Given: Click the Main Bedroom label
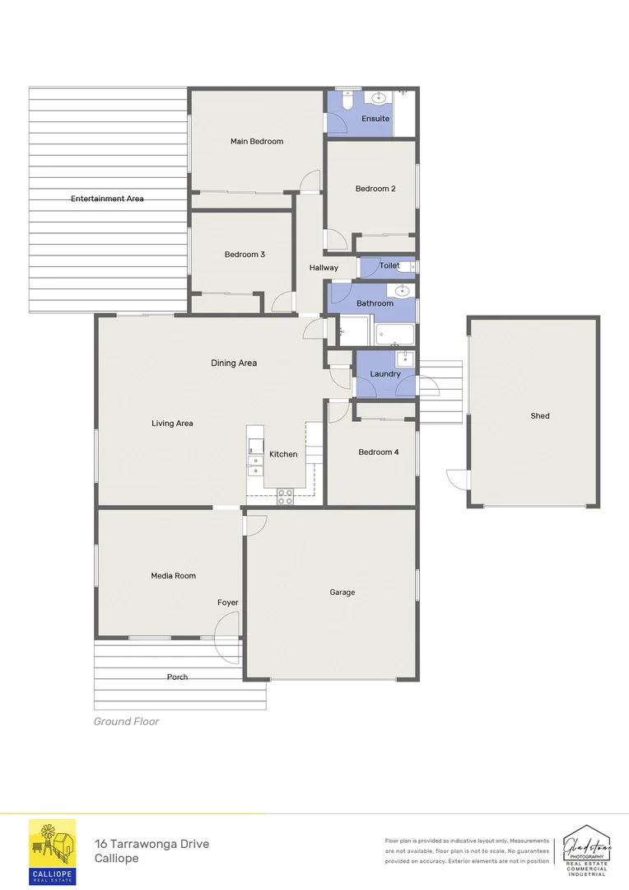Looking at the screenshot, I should click(x=256, y=142).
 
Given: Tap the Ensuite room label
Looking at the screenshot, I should click(x=375, y=119).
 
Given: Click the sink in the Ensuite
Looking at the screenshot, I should click(x=379, y=99).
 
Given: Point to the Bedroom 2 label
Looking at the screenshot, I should click(x=375, y=189).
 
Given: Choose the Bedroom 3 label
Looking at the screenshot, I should click(x=245, y=255).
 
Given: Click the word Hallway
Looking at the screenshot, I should click(x=324, y=268).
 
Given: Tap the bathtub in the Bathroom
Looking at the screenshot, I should click(x=395, y=334).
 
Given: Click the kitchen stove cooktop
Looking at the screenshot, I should click(x=286, y=496).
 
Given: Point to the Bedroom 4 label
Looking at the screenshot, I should click(x=379, y=452).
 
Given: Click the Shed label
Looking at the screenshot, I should click(x=539, y=416).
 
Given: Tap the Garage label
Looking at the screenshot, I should click(x=342, y=592).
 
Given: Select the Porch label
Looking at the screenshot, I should click(x=177, y=677).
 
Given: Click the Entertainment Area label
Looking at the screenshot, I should click(x=107, y=199).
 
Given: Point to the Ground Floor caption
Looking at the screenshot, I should click(x=126, y=721).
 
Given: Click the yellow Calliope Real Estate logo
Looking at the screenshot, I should click(x=53, y=851).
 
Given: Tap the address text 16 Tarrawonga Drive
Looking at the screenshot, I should click(x=151, y=844).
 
